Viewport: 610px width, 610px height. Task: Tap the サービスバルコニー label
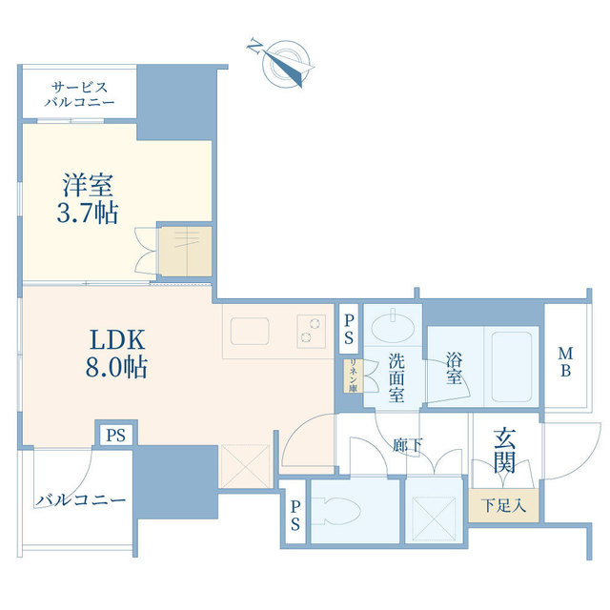coord(79,94)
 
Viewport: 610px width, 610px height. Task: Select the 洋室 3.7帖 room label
coord(88,198)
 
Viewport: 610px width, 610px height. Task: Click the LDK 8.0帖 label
coord(116,354)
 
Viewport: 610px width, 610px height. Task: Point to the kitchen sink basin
coord(250,331)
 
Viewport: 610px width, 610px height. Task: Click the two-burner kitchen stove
coord(312,331)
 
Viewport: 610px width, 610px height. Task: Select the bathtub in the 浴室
coord(511,366)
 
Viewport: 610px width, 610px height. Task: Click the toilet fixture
coord(337,511)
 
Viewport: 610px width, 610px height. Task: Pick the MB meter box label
coord(565,362)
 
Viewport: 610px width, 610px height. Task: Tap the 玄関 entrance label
coord(504,451)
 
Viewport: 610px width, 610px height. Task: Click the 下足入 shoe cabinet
coord(503,505)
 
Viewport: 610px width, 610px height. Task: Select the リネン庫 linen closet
coord(354,376)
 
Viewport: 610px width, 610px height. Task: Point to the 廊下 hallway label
coord(407,445)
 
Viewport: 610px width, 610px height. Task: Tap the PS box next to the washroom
coord(349,329)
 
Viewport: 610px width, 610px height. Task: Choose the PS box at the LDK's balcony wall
coord(116,435)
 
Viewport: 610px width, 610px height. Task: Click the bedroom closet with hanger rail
coord(186,252)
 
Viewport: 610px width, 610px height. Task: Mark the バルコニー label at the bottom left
coord(81,499)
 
